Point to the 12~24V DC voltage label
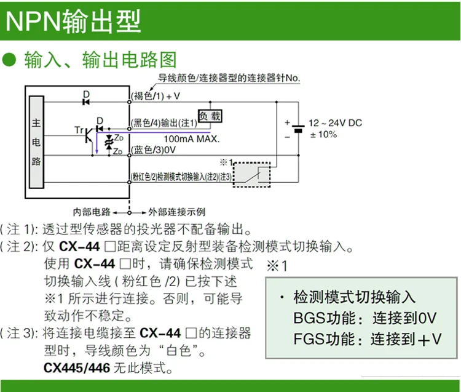335,123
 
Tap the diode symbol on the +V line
86,101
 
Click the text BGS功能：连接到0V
365,318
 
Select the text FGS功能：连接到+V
368,339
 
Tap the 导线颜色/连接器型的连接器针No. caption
229,78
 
